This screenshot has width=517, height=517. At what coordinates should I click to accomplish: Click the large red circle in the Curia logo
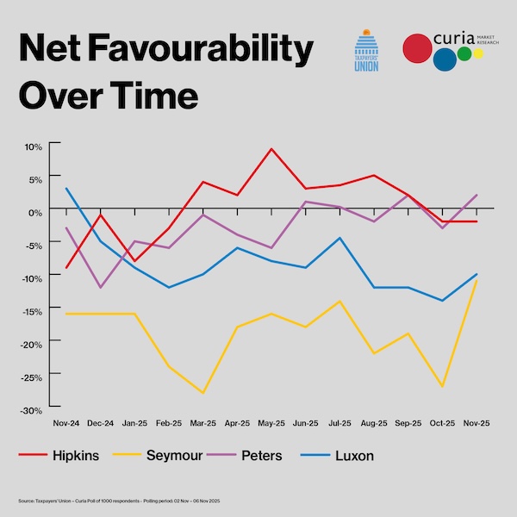tap(418, 50)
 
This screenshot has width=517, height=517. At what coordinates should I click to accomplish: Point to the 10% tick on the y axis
tap(34, 146)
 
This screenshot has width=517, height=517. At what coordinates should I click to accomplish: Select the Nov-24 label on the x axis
tap(65, 424)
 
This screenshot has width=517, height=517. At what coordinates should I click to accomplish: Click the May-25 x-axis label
tap(271, 424)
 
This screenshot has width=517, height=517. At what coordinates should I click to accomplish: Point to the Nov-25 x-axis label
tap(477, 424)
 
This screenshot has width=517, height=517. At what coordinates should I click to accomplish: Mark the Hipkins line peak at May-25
tap(271, 149)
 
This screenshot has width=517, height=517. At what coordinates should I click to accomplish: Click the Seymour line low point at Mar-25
tap(203, 393)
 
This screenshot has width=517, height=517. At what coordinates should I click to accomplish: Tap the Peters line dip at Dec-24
tap(101, 287)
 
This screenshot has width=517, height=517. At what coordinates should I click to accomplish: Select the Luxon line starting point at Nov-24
tap(66, 188)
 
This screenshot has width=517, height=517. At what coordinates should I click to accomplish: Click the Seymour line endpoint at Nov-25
tap(477, 281)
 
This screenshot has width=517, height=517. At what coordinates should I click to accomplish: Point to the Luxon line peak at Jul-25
tap(340, 238)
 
